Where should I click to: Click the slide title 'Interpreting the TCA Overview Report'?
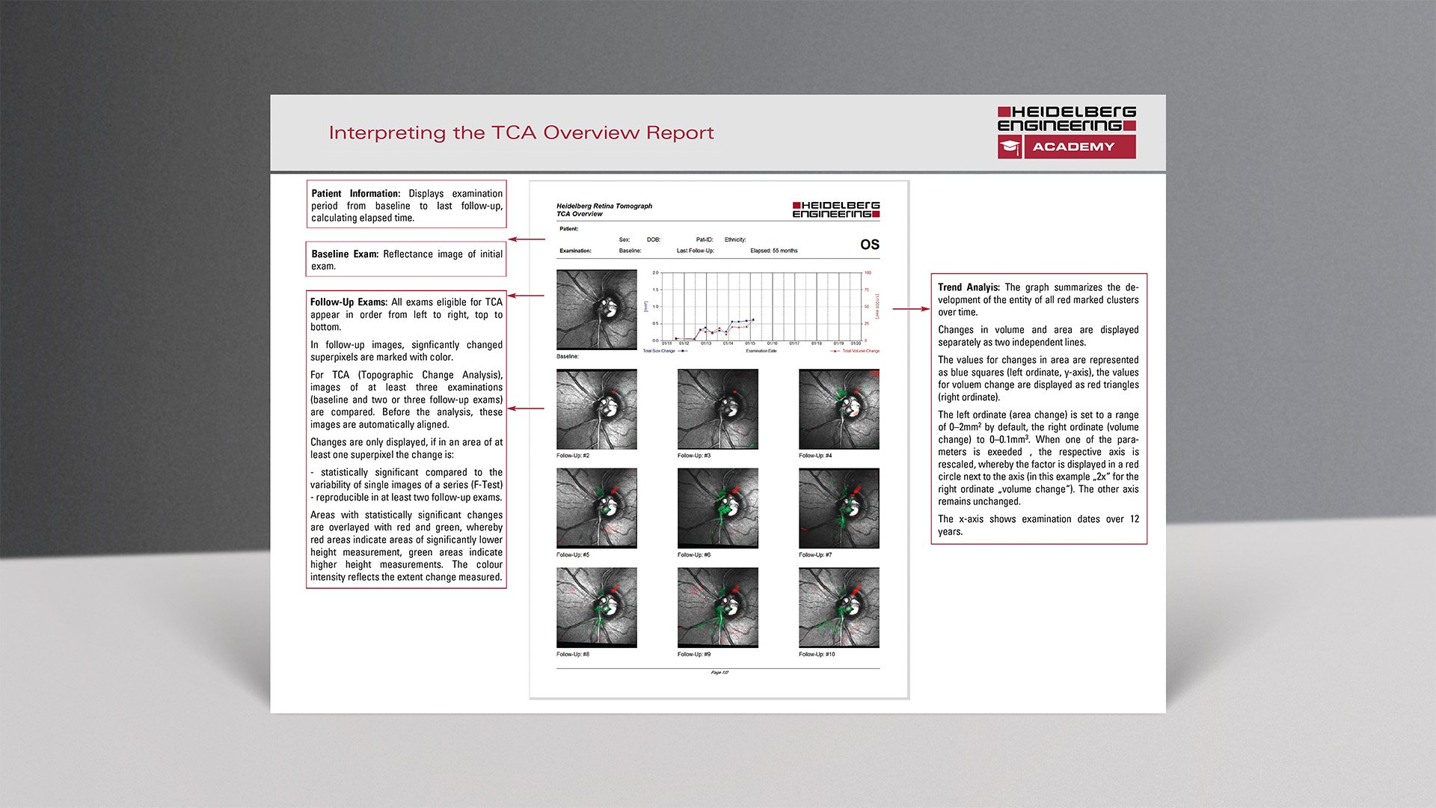coord(521,133)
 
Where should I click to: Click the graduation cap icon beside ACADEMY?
coord(1010,147)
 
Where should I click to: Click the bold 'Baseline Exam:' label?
coord(345,254)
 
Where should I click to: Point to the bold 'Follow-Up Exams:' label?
coord(349,302)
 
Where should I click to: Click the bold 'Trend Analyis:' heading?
coord(969,287)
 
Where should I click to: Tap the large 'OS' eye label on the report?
coord(869,245)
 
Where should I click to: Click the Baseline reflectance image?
coord(596,310)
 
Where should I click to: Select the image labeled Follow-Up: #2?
coord(596,409)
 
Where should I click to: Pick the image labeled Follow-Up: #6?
coord(717,508)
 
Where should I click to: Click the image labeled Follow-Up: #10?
coord(838,607)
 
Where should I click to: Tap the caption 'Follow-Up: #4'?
coord(815,456)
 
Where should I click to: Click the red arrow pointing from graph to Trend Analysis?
coord(910,308)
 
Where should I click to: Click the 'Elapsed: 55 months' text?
coord(773,251)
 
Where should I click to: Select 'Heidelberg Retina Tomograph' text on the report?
coord(604,206)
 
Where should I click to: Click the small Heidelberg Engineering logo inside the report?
coord(835,209)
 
